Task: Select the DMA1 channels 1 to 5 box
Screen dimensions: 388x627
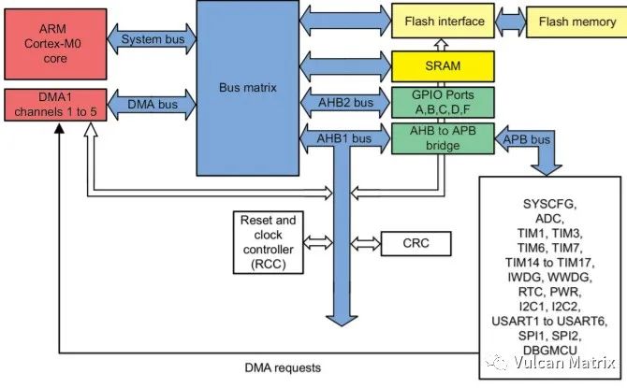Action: point(54,103)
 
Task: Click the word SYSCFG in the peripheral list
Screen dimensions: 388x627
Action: point(547,205)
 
